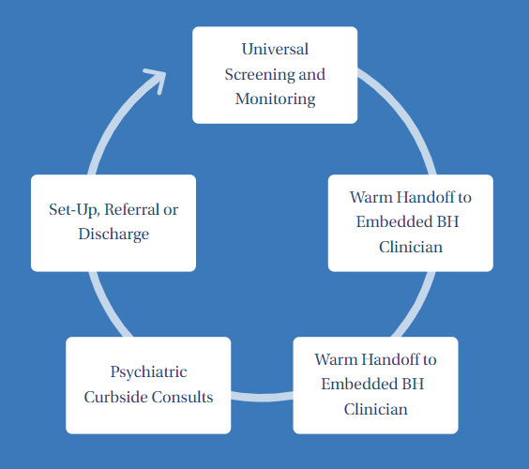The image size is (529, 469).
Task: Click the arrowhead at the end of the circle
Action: [157, 79]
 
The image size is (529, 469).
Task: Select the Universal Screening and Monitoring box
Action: [274, 75]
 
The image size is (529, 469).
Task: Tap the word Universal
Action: [275, 48]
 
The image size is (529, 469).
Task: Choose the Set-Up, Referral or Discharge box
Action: [113, 222]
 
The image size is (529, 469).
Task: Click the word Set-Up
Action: [72, 210]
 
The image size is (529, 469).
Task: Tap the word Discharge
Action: [113, 234]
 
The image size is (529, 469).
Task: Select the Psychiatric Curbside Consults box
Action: [148, 385]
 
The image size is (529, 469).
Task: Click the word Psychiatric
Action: [148, 372]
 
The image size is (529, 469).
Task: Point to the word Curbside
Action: [116, 397]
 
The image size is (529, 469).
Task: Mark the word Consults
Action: [184, 397]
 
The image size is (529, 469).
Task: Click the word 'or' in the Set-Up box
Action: [170, 210]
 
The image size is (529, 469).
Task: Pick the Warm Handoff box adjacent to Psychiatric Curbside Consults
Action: [375, 385]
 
